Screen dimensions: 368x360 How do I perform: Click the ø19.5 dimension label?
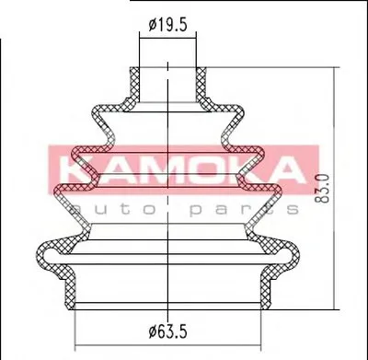click(x=167, y=25)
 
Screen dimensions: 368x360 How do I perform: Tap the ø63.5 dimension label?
click(x=167, y=331)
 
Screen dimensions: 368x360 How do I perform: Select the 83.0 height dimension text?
click(x=323, y=188)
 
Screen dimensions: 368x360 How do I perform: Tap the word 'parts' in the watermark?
click(x=244, y=210)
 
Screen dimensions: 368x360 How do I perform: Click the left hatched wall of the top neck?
click(x=134, y=85)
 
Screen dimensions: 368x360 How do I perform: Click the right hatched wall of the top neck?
click(x=201, y=85)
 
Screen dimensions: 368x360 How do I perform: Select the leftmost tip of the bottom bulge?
click(x=37, y=254)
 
